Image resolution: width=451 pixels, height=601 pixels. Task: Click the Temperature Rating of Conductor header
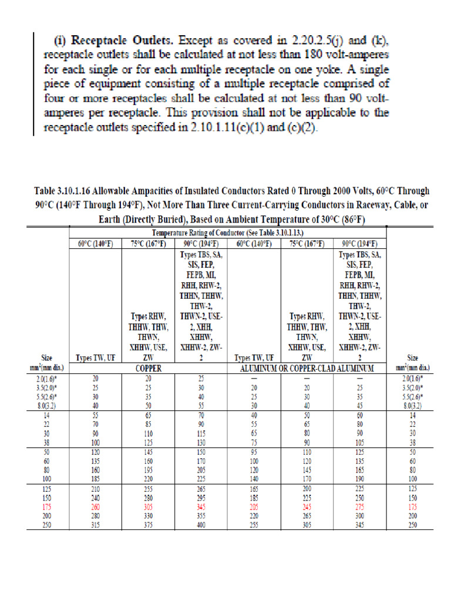coord(228,233)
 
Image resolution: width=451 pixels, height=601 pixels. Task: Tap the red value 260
coord(95,506)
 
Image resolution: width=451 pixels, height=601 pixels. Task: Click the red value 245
coord(307,506)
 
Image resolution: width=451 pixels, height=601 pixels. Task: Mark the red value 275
coord(359,506)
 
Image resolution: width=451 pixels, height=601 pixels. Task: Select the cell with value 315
coord(95,525)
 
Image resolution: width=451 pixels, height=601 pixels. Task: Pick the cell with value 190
coord(359,479)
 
